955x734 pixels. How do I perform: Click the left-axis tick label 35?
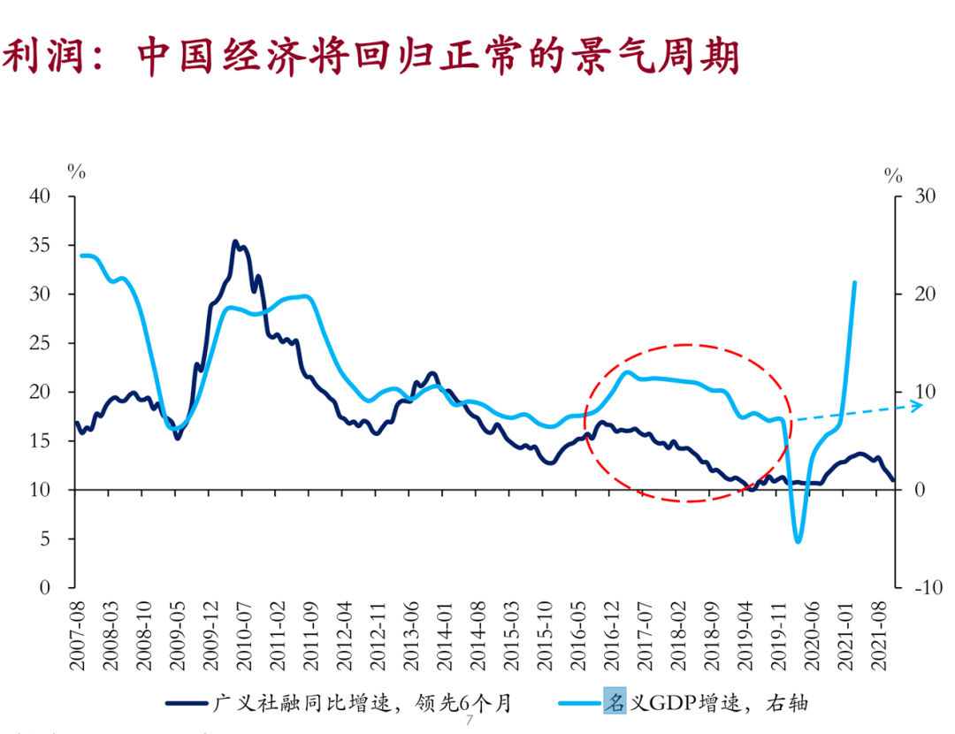[41, 245]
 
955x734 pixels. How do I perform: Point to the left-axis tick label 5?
[45, 539]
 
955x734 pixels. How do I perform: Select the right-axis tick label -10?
[921, 588]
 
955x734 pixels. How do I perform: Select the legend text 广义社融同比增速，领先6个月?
[362, 703]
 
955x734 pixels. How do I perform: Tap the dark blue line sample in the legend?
[187, 704]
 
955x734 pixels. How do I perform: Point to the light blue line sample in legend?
[579, 704]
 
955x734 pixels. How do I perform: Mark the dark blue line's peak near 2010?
[235, 241]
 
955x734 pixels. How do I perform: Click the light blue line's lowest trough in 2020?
[798, 540]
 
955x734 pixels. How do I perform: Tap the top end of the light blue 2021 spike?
[854, 283]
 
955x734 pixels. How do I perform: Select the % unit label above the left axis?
[77, 171]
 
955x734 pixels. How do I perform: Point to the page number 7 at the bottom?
[470, 722]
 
